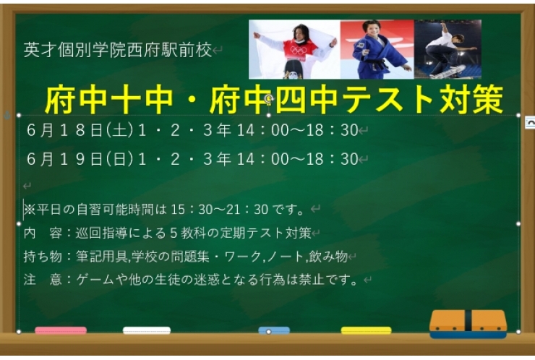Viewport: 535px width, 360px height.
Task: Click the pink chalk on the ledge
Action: pos(60,331)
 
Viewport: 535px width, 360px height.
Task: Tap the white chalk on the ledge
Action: pos(146,331)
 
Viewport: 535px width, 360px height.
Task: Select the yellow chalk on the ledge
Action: pos(366,331)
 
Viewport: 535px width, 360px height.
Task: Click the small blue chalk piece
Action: pos(274,331)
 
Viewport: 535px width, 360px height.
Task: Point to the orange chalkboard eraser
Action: pos(468,324)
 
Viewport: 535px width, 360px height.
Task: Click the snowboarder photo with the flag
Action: pos(294,49)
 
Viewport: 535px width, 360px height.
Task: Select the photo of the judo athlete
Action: pos(377,49)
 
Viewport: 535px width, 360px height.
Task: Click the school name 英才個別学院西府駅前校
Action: pos(118,50)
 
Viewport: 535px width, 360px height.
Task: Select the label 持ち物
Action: pos(38,257)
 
